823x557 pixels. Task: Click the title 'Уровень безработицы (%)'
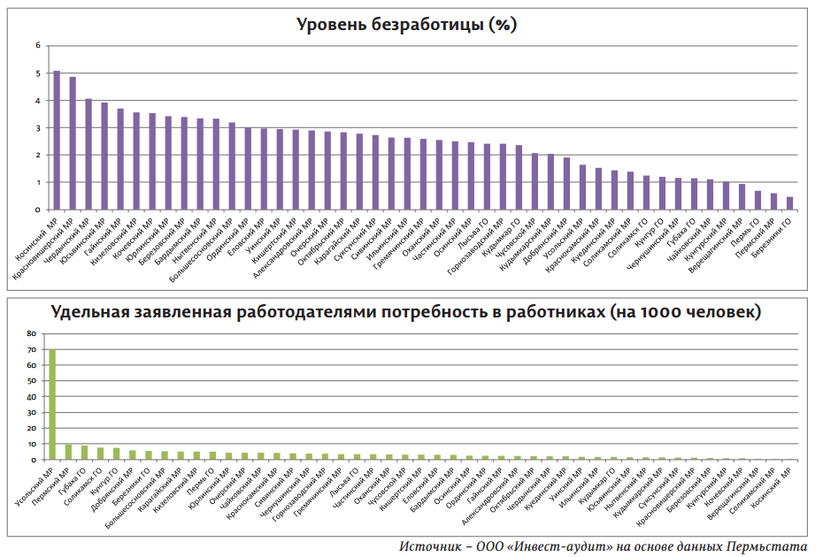click(x=406, y=25)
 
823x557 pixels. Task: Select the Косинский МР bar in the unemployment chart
click(x=57, y=141)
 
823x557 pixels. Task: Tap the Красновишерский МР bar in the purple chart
click(x=73, y=144)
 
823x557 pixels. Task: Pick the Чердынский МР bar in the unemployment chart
click(x=88, y=155)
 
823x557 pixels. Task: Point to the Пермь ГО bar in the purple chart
click(x=758, y=201)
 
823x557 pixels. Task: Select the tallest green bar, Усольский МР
click(x=52, y=404)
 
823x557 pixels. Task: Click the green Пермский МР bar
click(x=68, y=452)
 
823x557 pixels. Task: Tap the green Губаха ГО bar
click(x=84, y=453)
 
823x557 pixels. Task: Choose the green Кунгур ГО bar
click(x=116, y=454)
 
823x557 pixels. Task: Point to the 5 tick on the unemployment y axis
click(x=38, y=73)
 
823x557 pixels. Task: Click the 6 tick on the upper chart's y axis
click(x=38, y=45)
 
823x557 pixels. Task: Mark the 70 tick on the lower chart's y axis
click(x=32, y=350)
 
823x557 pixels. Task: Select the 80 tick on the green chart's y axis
click(x=32, y=334)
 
